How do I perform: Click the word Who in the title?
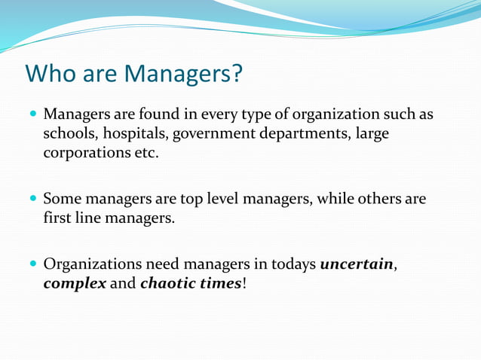click(50, 74)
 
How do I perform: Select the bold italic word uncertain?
click(357, 265)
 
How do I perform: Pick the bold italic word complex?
click(74, 285)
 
